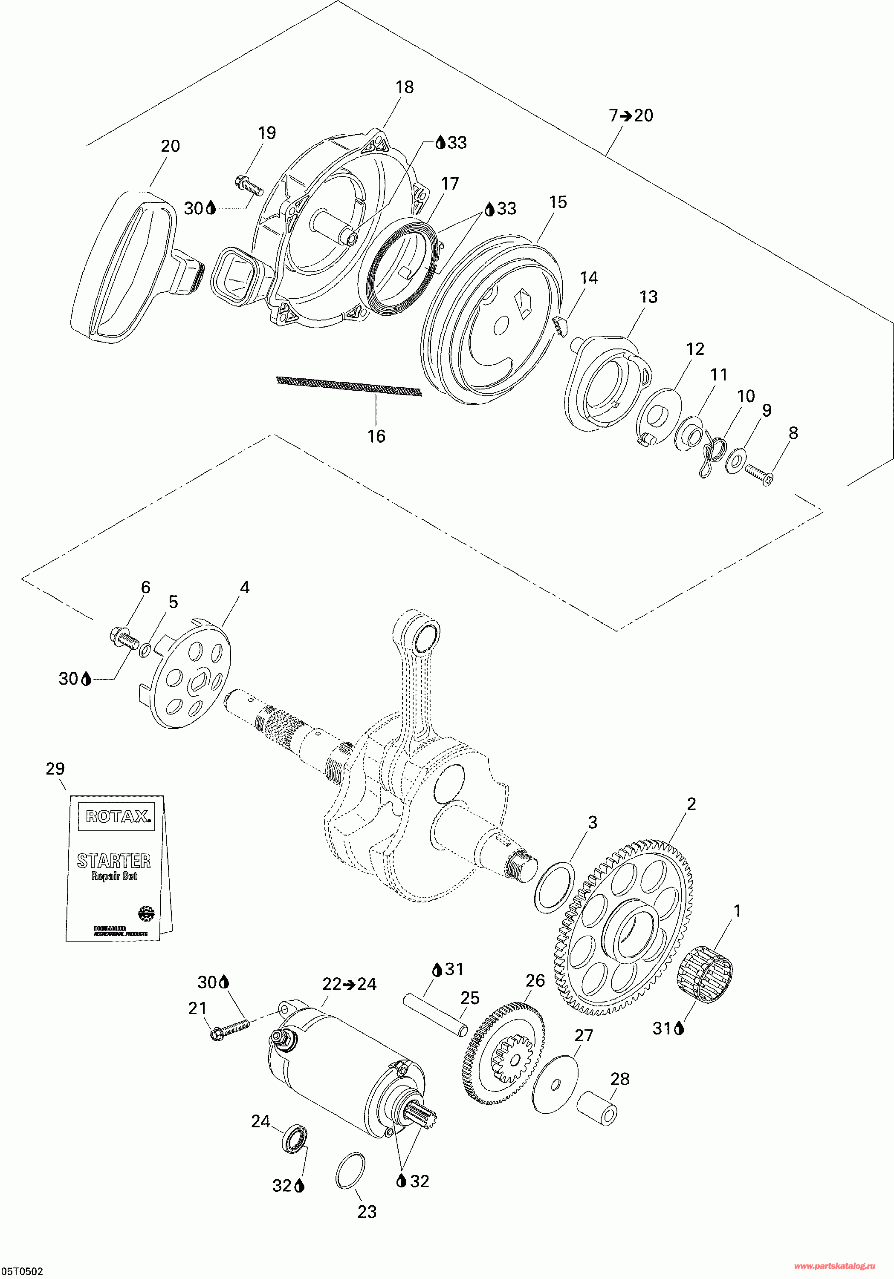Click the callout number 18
[405, 87]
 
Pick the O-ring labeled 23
[350, 1170]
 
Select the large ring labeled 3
[554, 888]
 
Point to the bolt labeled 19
[249, 185]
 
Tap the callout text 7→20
[631, 116]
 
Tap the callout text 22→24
[350, 984]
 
